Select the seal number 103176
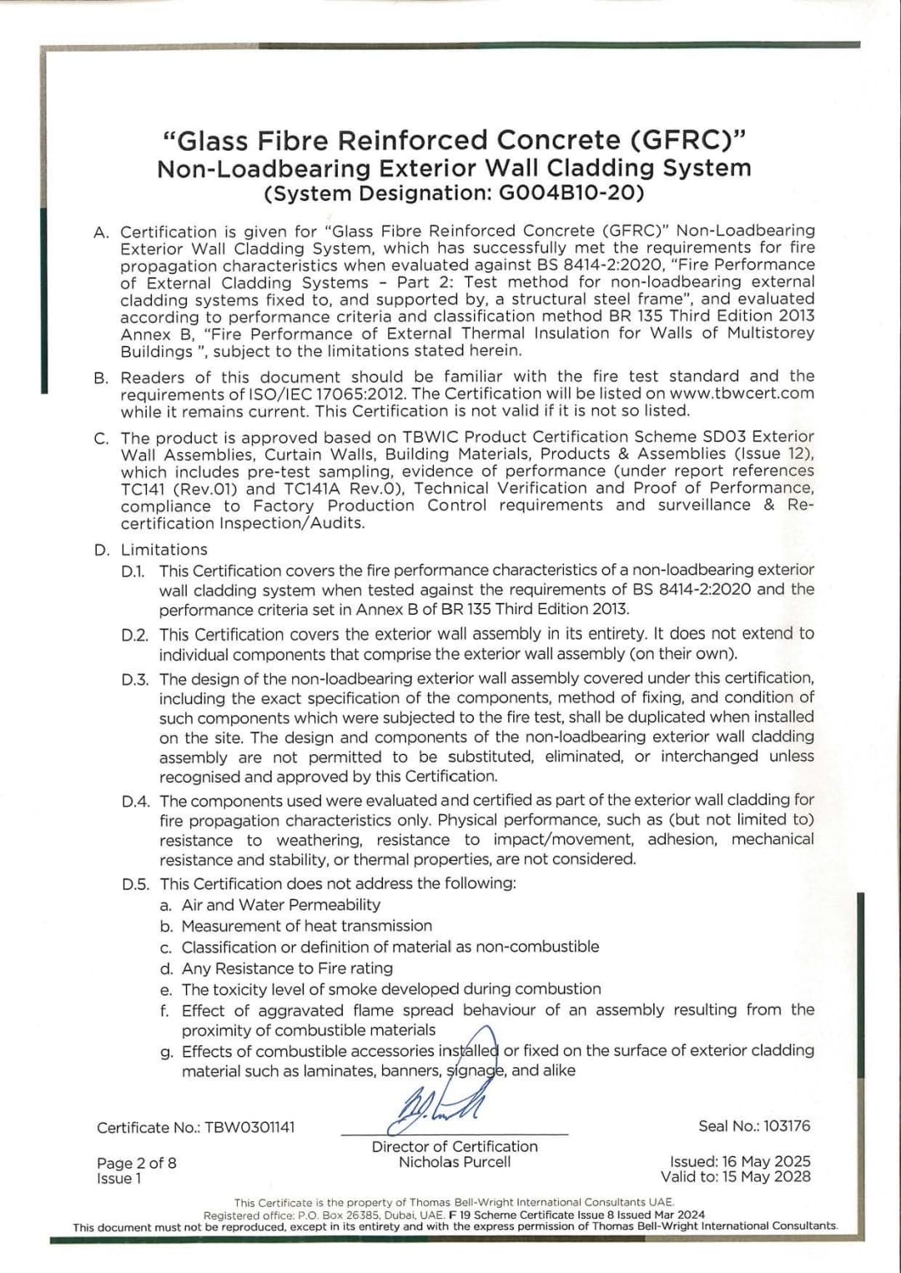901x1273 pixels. (x=787, y=1125)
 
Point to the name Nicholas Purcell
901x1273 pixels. (x=455, y=1162)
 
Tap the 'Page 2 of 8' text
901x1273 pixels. (x=137, y=1163)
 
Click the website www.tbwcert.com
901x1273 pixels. (x=741, y=394)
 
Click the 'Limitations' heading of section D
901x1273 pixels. (x=164, y=550)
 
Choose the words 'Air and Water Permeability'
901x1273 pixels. (x=281, y=905)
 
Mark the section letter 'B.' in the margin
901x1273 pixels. (x=101, y=378)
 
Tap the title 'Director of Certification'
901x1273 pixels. (x=455, y=1146)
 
